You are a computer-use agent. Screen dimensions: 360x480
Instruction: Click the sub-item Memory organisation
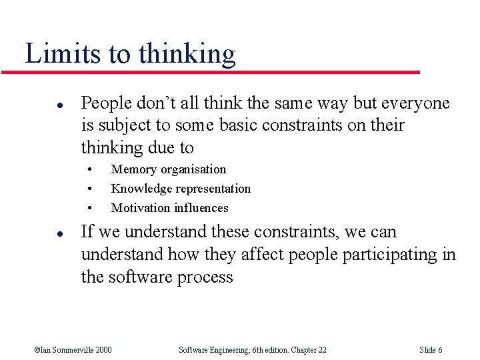pyautogui.click(x=169, y=169)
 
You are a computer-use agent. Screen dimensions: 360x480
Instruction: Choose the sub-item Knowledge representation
pyautogui.click(x=181, y=189)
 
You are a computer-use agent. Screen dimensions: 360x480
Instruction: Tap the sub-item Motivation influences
pyautogui.click(x=169, y=208)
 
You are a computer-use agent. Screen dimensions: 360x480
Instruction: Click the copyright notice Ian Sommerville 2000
pyautogui.click(x=73, y=350)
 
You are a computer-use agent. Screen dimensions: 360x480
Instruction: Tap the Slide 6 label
pyautogui.click(x=431, y=350)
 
